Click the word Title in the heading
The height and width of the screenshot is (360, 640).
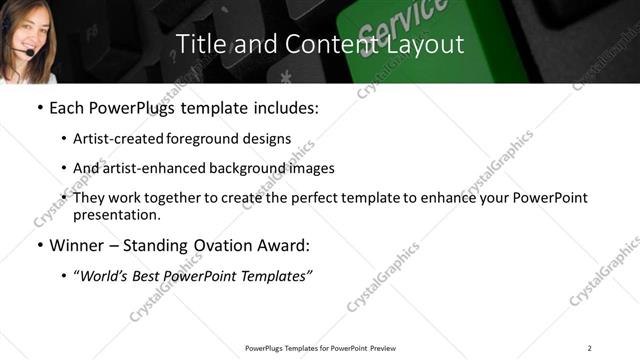pyautogui.click(x=199, y=44)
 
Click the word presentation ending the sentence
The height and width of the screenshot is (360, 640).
pyautogui.click(x=116, y=215)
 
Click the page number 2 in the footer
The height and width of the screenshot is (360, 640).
pyautogui.click(x=589, y=347)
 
